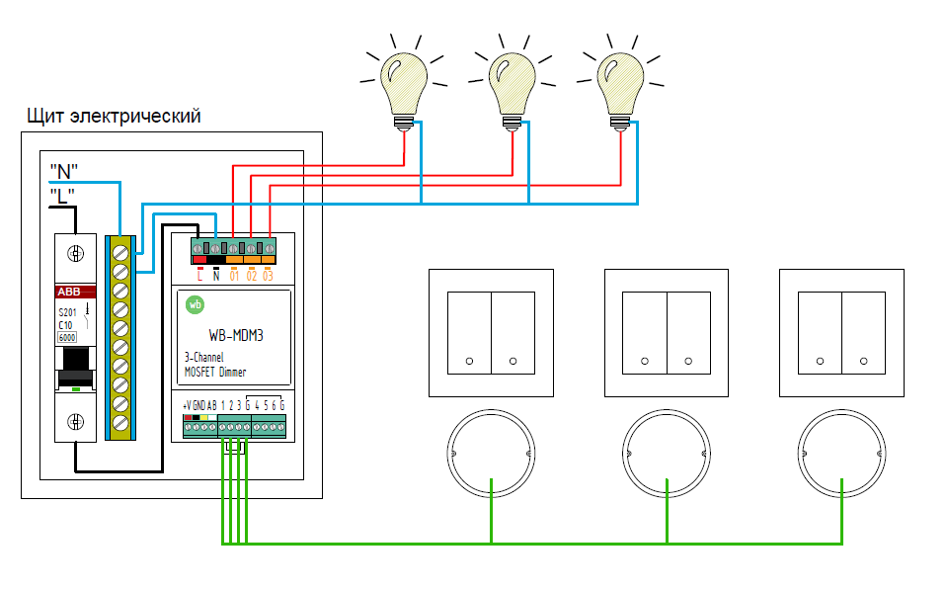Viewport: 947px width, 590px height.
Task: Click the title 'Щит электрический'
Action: pos(115,117)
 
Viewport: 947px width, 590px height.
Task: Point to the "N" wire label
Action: pos(64,171)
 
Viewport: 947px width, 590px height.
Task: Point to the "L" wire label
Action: pos(62,196)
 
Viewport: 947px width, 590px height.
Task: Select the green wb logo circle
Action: pos(196,304)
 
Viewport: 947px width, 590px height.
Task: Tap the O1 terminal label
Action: pos(234,275)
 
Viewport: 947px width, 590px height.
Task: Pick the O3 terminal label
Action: pos(268,275)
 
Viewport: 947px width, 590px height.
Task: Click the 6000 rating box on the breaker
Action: pos(67,337)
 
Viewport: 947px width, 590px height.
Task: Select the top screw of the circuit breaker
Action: pos(76,252)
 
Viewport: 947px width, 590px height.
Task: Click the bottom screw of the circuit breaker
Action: pos(76,423)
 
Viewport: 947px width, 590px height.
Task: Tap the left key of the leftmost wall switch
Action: pos(469,332)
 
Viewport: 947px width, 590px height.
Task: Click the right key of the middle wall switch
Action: pos(689,332)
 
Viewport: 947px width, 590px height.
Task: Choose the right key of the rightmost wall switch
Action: pos(865,332)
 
